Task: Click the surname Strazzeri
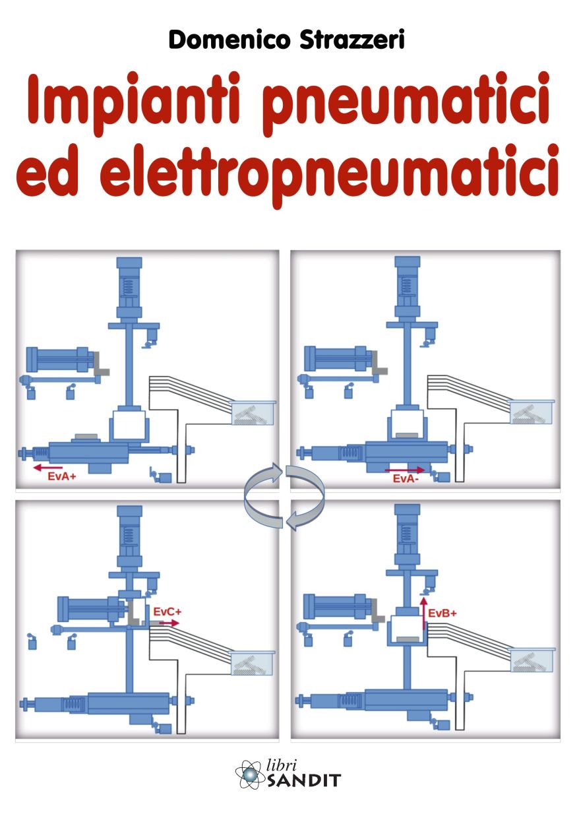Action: (352, 40)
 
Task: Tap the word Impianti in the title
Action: (134, 100)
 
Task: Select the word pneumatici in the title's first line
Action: (406, 100)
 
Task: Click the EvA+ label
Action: (62, 476)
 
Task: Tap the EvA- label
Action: (406, 478)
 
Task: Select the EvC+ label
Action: (167, 612)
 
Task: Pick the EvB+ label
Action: (442, 613)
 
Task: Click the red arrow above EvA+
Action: (47, 468)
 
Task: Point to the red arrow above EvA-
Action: (405, 470)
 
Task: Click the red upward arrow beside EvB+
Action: (424, 613)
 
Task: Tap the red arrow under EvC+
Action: (169, 623)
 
